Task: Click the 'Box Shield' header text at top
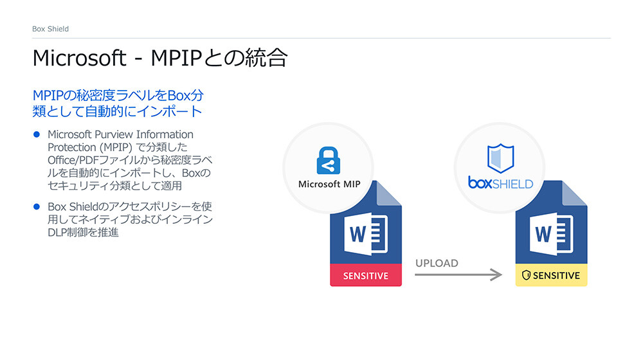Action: (50, 29)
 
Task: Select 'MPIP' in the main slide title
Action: (177, 59)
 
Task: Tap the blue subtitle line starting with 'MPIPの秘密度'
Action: (118, 96)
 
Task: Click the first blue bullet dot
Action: (37, 135)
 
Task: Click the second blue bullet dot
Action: (37, 207)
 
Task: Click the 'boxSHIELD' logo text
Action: (500, 183)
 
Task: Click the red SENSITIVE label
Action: (365, 275)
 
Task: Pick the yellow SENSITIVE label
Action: (551, 275)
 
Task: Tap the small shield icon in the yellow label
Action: (525, 275)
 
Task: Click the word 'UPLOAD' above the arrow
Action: (437, 263)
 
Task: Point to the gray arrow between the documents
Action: (457, 275)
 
